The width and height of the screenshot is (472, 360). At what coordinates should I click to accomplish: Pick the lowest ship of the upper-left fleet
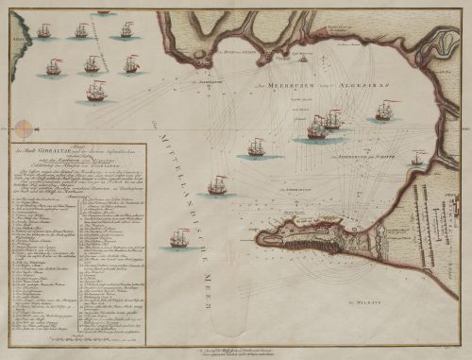(95, 91)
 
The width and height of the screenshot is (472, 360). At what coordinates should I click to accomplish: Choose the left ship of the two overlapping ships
(317, 127)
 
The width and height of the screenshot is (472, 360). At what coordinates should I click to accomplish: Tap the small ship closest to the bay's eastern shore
(416, 160)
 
